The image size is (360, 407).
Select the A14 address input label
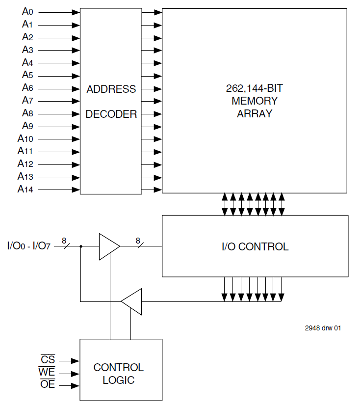pyautogui.click(x=26, y=189)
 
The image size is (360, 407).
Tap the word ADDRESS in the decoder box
pyautogui.click(x=111, y=89)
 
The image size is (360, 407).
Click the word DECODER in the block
pyautogui.click(x=111, y=114)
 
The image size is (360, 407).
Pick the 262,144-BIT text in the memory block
pyautogui.click(x=255, y=89)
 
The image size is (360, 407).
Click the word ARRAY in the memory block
pyautogui.click(x=255, y=114)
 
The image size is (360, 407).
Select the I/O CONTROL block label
pyautogui.click(x=255, y=246)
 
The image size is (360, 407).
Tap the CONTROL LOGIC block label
pyautogui.click(x=119, y=374)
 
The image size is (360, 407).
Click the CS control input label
pyautogui.click(x=48, y=360)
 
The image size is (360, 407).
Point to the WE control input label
pyautogui.click(x=47, y=373)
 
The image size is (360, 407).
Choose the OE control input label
pyautogui.click(x=48, y=385)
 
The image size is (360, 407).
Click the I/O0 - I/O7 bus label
pyautogui.click(x=30, y=245)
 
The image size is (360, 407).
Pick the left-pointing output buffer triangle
pyautogui.click(x=131, y=301)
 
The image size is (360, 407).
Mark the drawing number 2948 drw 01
pyautogui.click(x=323, y=328)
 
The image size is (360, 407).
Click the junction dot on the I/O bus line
pyautogui.click(x=80, y=246)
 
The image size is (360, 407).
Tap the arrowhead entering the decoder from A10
pyautogui.click(x=76, y=139)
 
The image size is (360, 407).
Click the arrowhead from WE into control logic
pyautogui.click(x=76, y=374)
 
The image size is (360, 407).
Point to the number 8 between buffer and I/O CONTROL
pyautogui.click(x=138, y=241)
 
